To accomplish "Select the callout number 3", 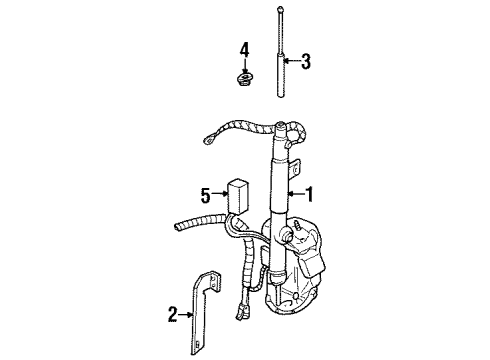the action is coord(305,62).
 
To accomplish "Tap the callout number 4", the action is coord(243,49).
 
